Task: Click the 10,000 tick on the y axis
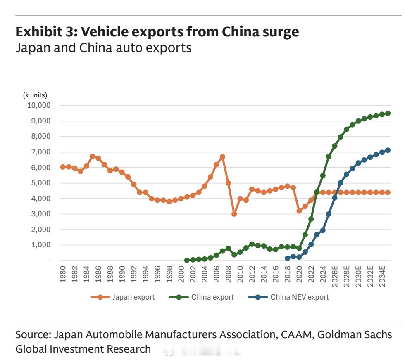39,105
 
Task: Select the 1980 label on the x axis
63,274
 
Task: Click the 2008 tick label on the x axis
228,274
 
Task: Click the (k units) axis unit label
35,95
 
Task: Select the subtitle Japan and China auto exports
103,48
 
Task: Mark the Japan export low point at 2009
234,214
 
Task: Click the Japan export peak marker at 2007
222,157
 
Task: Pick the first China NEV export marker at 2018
288,258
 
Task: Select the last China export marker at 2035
388,113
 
